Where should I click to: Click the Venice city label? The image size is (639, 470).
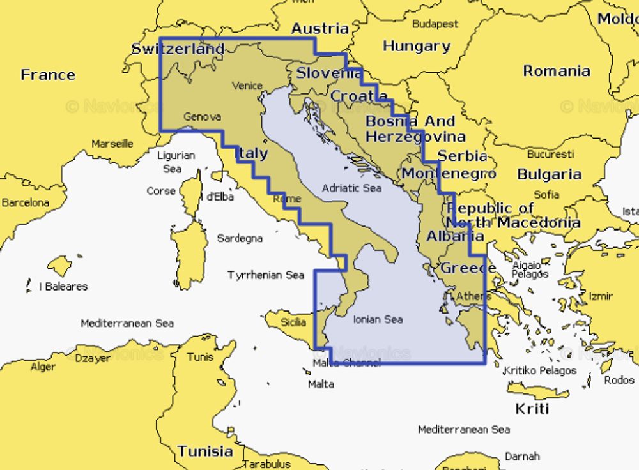(x=247, y=86)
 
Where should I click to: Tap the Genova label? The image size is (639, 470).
(x=202, y=117)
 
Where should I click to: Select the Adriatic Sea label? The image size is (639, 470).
(x=351, y=188)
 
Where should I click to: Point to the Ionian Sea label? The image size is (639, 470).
(x=378, y=319)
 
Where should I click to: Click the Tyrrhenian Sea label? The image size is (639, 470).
(x=266, y=275)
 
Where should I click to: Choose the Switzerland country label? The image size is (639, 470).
(x=178, y=49)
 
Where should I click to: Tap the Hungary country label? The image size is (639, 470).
(x=416, y=46)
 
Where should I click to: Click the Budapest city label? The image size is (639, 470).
(x=435, y=24)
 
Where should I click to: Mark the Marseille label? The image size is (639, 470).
(x=112, y=144)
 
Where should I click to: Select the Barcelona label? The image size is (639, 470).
(x=25, y=202)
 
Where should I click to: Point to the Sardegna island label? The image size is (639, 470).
(x=240, y=238)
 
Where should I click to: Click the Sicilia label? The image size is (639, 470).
(x=293, y=322)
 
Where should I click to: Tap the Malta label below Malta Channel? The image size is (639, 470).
(x=321, y=384)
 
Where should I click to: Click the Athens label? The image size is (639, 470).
(x=473, y=296)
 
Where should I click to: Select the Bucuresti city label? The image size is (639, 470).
(x=550, y=155)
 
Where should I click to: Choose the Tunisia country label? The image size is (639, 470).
(x=205, y=451)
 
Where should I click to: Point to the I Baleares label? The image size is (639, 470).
(x=63, y=286)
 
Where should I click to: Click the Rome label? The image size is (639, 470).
(x=286, y=199)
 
